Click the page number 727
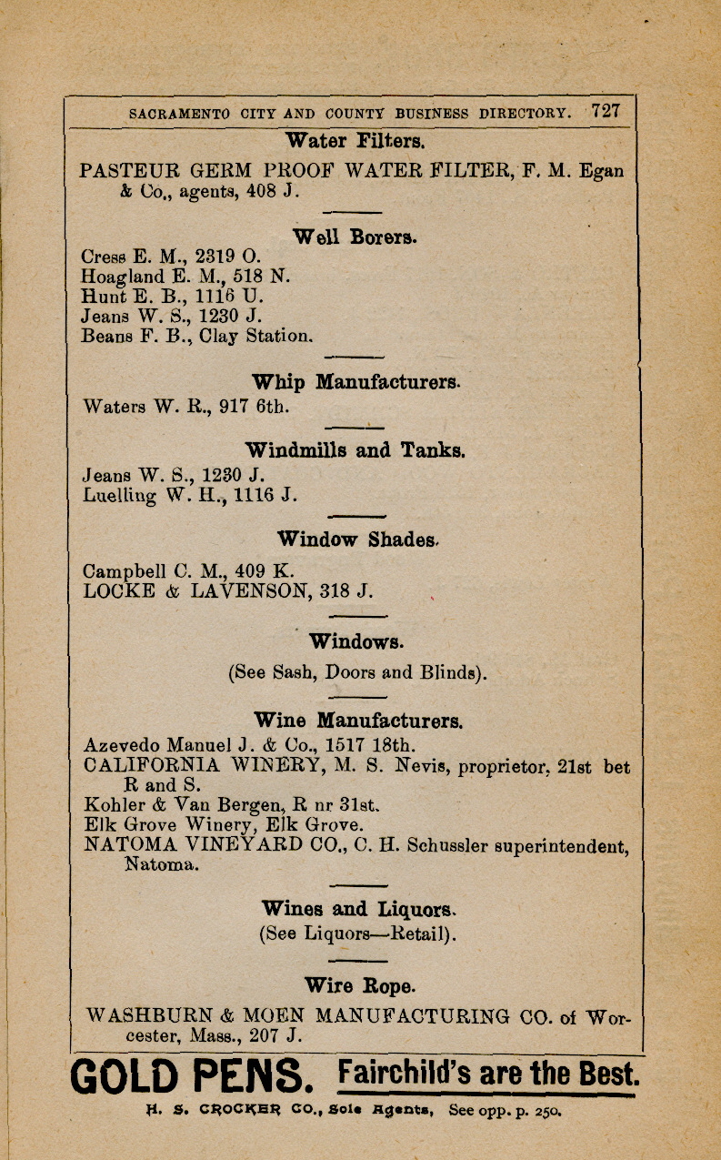606,112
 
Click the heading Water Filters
354,141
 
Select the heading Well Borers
355,237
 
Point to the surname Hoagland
123,277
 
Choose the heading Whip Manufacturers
355,382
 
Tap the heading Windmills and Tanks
355,450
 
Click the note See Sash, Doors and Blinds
357,674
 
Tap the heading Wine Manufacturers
358,721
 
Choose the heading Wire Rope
359,985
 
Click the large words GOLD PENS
192,1079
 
